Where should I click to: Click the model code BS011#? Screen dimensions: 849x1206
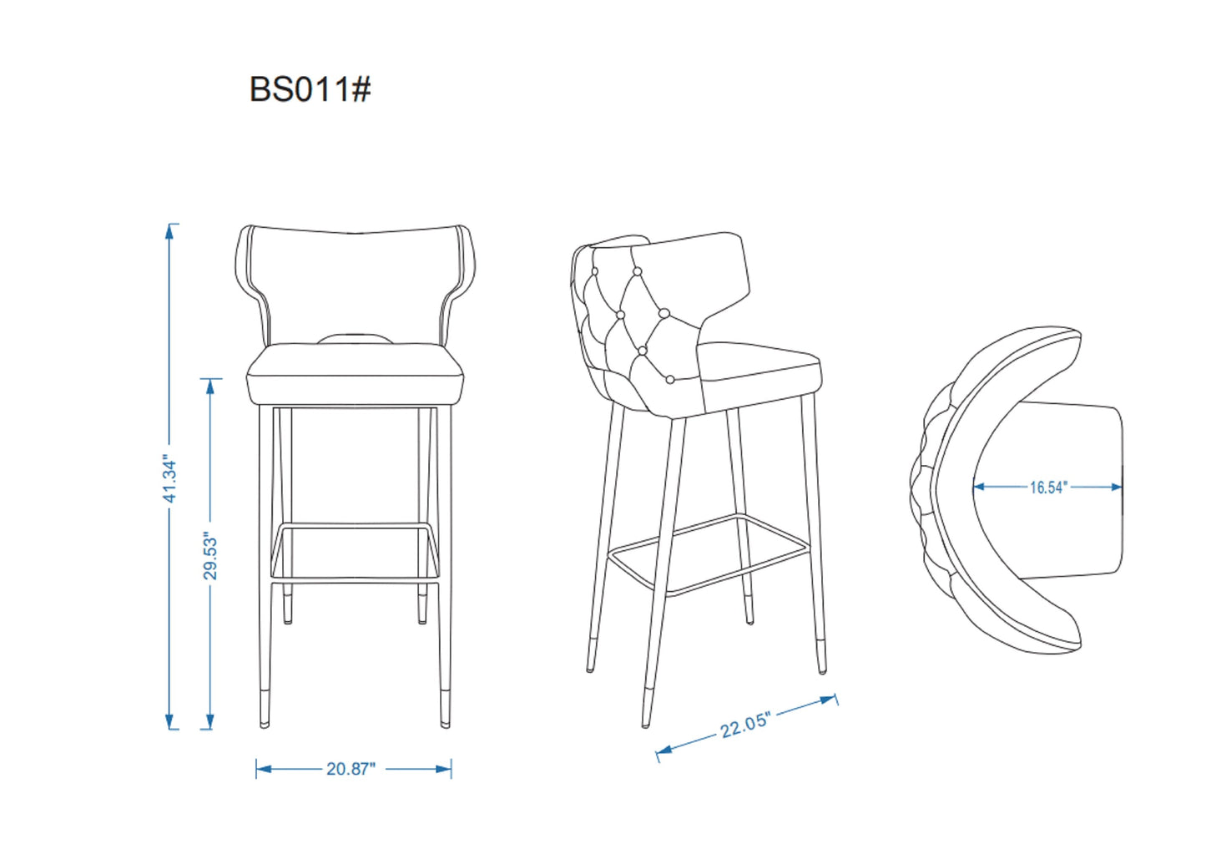coord(310,88)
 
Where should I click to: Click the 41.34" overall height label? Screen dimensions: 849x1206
coord(170,480)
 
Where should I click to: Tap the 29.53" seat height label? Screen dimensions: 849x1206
coord(210,557)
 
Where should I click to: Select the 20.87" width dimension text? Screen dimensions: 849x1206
coord(351,769)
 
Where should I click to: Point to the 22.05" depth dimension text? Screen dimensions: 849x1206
coord(744,725)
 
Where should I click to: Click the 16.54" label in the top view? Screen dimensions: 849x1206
coord(1047,488)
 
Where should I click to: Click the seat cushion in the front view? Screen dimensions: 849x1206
coord(355,374)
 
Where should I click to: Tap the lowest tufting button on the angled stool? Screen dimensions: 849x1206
coord(669,380)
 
